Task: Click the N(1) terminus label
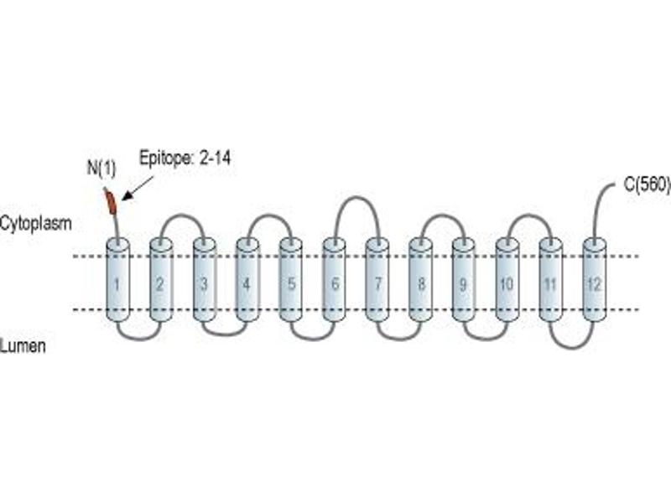pos(101,169)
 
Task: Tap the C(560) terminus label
pos(647,184)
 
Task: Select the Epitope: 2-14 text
pos(185,158)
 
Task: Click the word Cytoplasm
pos(35,223)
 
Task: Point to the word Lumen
pos(23,345)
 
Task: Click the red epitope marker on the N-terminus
pos(112,203)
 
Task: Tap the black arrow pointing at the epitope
pos(138,188)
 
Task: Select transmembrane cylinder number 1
pos(117,280)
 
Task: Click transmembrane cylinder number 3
pos(205,280)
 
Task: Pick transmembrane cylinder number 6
pos(334,280)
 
